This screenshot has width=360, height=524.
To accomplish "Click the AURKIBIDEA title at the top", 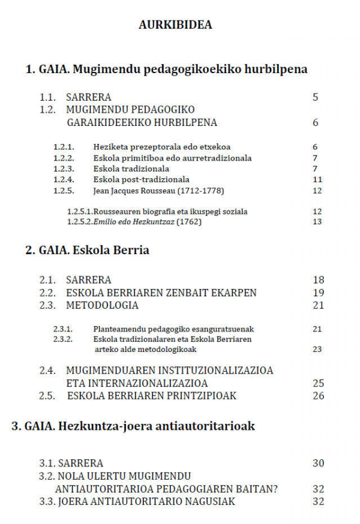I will tap(175, 25).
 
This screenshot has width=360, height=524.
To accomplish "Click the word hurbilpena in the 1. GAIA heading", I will tap(275, 70).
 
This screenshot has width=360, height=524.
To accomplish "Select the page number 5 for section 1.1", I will tap(315, 97).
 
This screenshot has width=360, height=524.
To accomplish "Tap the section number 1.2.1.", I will tap(64, 147).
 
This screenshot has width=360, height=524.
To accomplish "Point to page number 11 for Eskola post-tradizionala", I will tap(317, 179).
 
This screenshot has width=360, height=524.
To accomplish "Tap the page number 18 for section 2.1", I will tap(318, 280).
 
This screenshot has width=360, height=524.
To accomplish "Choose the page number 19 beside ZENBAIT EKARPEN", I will tap(318, 293).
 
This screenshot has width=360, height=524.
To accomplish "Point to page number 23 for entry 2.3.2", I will tap(317, 349).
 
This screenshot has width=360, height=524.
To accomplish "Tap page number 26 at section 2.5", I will tap(318, 396).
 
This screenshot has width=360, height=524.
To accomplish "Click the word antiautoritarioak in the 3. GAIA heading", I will tap(206, 426).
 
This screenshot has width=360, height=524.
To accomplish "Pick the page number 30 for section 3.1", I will tap(318, 463).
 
